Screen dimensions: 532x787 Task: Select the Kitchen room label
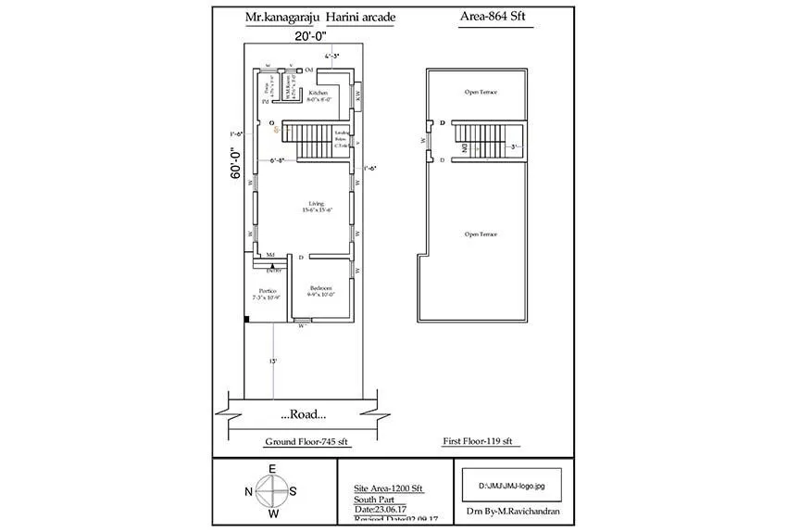[x=319, y=95]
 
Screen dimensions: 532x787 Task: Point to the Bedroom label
[x=321, y=291]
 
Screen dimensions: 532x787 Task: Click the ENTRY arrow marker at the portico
[x=273, y=267]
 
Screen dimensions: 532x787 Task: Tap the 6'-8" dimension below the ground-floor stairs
[x=278, y=161]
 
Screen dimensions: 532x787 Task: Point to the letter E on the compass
[x=271, y=469]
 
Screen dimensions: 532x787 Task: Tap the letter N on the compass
[x=249, y=492]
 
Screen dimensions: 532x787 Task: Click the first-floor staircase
[x=479, y=142]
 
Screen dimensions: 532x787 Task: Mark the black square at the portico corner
[x=247, y=320]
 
